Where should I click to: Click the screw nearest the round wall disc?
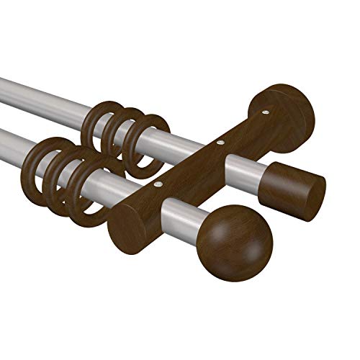pyautogui.click(x=267, y=113)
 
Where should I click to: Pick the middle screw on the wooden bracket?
pyautogui.click(x=219, y=145)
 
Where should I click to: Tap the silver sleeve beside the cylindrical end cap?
pyautogui.click(x=244, y=170)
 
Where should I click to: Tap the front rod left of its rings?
pyautogui.click(x=14, y=140)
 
